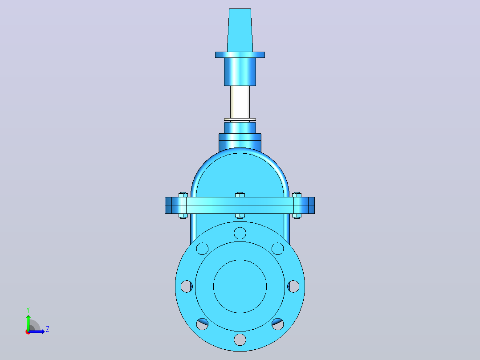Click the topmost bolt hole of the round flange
point(240,233)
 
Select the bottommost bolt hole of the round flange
point(240,340)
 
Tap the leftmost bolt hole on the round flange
point(187,286)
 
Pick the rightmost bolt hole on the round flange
point(293,286)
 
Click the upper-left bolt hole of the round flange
point(202,249)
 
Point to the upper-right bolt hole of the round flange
point(278,249)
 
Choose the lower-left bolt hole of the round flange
point(202,324)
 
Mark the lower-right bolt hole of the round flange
point(278,324)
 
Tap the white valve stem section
point(240,102)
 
